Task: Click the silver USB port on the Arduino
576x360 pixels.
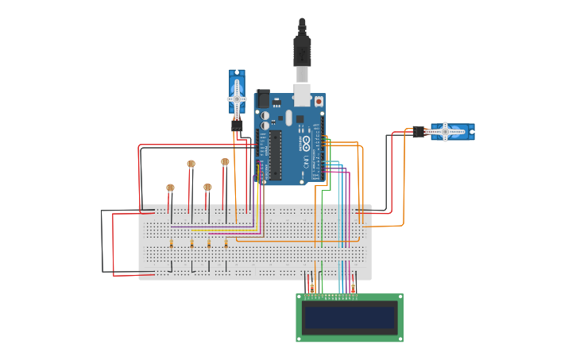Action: [x=302, y=95]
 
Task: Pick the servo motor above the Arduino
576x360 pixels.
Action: [x=237, y=94]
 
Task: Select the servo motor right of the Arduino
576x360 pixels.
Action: [x=450, y=132]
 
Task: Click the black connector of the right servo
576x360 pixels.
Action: [x=419, y=132]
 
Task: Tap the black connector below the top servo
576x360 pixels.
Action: [x=237, y=125]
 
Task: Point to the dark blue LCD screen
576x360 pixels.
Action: [x=350, y=318]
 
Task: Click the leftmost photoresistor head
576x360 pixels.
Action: [x=170, y=188]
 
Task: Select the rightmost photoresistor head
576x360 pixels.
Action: [x=225, y=162]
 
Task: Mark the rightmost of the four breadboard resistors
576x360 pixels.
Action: [x=226, y=244]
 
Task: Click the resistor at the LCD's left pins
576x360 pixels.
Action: [x=311, y=287]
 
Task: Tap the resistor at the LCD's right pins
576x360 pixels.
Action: [x=353, y=287]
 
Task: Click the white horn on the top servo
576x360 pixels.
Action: [x=237, y=99]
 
